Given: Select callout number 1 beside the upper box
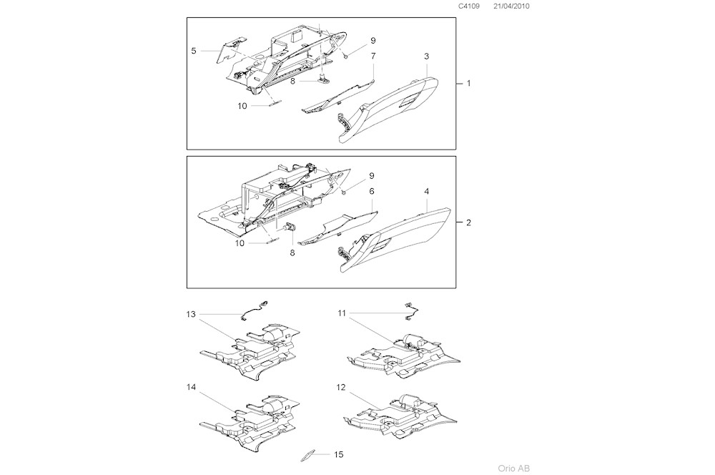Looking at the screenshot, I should pyautogui.click(x=469, y=84).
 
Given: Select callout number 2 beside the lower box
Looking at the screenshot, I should pyautogui.click(x=469, y=223).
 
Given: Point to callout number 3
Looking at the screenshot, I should pyautogui.click(x=427, y=56).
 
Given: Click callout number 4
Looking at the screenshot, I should pyautogui.click(x=427, y=192).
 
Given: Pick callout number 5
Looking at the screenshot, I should pyautogui.click(x=194, y=51).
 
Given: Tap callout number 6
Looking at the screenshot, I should pyautogui.click(x=373, y=192).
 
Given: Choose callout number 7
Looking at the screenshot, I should pyautogui.click(x=373, y=56).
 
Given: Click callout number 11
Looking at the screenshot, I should pyautogui.click(x=342, y=313).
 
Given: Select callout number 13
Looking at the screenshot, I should pyautogui.click(x=191, y=314).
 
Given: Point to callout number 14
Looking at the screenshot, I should pyautogui.click(x=191, y=387).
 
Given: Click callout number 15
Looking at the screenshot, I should pyautogui.click(x=339, y=454).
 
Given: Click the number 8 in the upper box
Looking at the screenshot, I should pyautogui.click(x=292, y=82).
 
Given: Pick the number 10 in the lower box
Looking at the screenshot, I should pyautogui.click(x=241, y=243).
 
